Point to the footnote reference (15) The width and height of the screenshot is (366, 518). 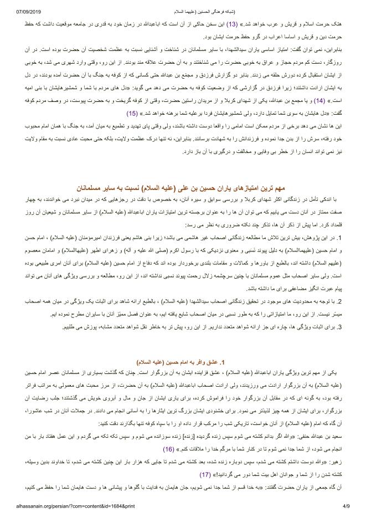[132, 113]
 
